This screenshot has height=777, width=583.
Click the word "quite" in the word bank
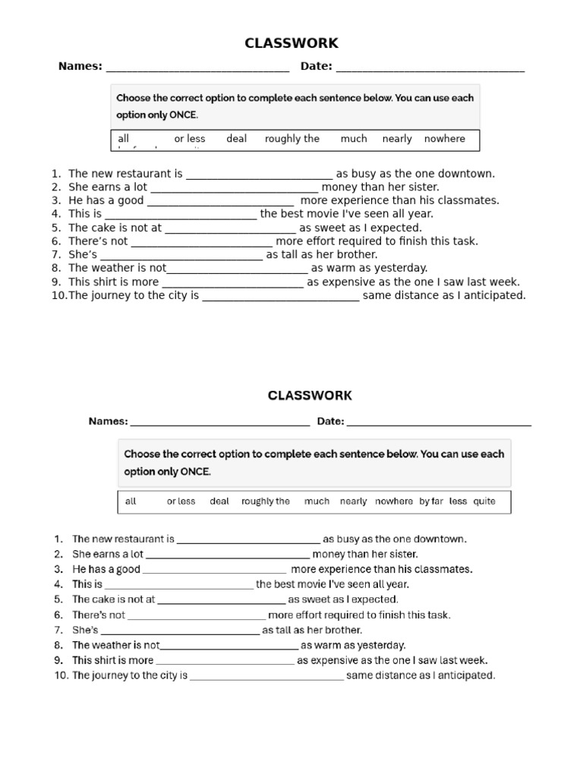(x=484, y=502)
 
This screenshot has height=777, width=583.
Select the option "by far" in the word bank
(x=431, y=502)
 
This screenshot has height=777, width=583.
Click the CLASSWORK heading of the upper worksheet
(x=291, y=43)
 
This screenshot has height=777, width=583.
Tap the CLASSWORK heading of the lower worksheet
(x=310, y=395)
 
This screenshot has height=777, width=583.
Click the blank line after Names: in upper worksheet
(x=197, y=68)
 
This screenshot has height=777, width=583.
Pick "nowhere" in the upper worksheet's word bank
(x=445, y=139)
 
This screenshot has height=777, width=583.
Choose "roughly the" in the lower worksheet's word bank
(x=266, y=502)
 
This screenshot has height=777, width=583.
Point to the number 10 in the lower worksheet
(x=61, y=675)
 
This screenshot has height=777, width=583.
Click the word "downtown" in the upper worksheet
(x=470, y=174)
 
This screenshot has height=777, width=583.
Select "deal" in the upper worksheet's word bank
(x=237, y=139)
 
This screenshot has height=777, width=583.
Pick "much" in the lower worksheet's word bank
(x=317, y=502)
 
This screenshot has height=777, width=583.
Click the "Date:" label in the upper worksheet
(x=317, y=67)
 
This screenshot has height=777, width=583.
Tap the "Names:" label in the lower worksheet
(x=108, y=422)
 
